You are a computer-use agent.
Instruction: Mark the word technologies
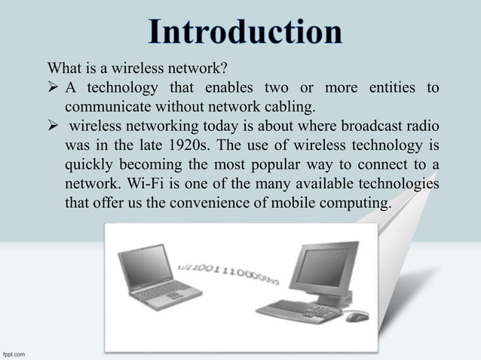401,183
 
